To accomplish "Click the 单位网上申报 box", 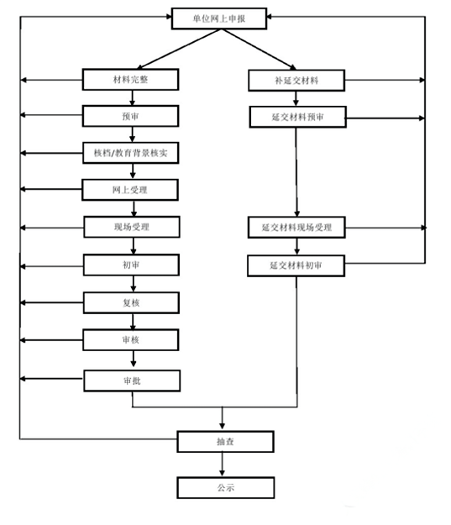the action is [x=219, y=18].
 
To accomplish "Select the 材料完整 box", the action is [x=130, y=79].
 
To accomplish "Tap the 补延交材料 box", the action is [x=296, y=81].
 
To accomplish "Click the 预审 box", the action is [x=130, y=116].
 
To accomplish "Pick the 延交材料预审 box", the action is [x=297, y=118].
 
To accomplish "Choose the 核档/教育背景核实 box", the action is [x=130, y=153].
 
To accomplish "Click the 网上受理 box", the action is [x=130, y=190].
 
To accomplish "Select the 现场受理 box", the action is [x=132, y=227].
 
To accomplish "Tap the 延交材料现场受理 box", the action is [x=296, y=228].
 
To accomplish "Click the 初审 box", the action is [x=131, y=265].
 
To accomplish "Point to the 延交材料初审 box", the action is [x=296, y=265].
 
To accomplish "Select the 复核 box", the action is [x=131, y=302].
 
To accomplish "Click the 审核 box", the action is [x=130, y=340].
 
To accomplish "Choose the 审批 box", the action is [x=132, y=381].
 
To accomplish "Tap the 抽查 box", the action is [x=225, y=442].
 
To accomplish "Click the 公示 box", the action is [x=226, y=488].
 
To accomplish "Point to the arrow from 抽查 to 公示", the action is [x=222, y=465].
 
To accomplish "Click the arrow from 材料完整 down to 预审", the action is [x=132, y=97].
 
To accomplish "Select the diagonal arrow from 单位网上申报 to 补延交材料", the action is [x=259, y=50].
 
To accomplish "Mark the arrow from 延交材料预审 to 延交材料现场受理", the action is [x=296, y=172].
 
